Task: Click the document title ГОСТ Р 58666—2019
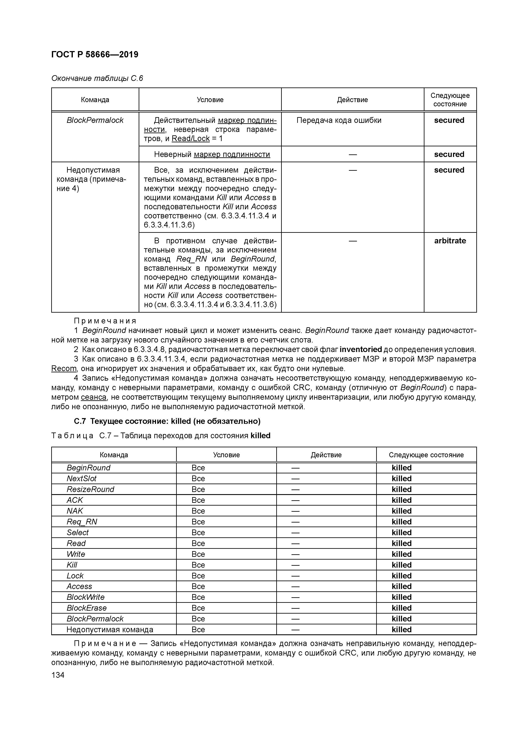pos(95,54)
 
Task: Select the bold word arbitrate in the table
pos(450,241)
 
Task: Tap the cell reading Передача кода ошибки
pos(339,120)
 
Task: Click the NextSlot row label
pos(82,479)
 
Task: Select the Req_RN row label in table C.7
pos(82,522)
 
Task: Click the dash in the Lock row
pos(295,576)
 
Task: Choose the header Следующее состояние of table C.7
pos(426,455)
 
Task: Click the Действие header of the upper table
pos(352,100)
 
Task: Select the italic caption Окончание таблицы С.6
pos(97,78)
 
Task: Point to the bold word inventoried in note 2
pos(361,349)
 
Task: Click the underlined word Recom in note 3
pos(64,369)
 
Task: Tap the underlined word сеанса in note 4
pos(94,397)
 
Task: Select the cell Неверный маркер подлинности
pos(212,154)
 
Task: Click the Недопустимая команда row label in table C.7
pos(110,629)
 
